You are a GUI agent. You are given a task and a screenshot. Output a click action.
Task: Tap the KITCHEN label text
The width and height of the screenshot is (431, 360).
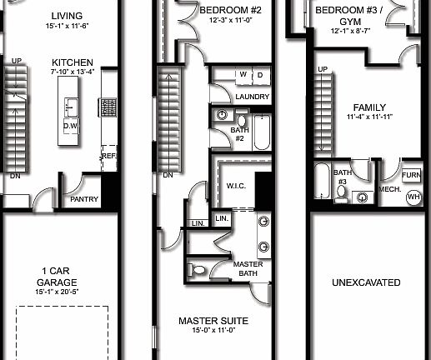click(73, 62)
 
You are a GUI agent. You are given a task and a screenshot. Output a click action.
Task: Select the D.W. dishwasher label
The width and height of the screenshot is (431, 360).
click(71, 125)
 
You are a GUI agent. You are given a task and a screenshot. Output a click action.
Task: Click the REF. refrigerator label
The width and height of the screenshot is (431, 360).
click(108, 156)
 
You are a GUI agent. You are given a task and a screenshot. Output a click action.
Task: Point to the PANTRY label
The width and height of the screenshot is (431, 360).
click(84, 199)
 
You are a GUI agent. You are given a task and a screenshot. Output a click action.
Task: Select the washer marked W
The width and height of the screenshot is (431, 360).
click(243, 75)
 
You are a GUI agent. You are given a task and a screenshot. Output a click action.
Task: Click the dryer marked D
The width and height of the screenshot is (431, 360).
click(259, 75)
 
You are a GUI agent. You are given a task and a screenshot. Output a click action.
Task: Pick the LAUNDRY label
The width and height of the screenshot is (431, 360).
click(252, 97)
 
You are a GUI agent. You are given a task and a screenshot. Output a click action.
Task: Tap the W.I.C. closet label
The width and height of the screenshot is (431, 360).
click(234, 187)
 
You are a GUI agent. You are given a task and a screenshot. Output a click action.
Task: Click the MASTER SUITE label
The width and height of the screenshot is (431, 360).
click(213, 320)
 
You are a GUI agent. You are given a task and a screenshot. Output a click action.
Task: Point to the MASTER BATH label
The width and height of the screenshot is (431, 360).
click(248, 268)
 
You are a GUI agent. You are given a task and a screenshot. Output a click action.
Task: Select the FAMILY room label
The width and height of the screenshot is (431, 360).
click(370, 107)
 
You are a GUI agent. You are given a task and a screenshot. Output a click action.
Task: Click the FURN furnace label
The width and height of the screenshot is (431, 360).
click(411, 176)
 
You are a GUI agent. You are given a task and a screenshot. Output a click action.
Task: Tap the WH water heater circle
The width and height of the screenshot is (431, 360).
click(413, 197)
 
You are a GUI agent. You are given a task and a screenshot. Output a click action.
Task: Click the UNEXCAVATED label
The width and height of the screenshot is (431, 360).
click(367, 282)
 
